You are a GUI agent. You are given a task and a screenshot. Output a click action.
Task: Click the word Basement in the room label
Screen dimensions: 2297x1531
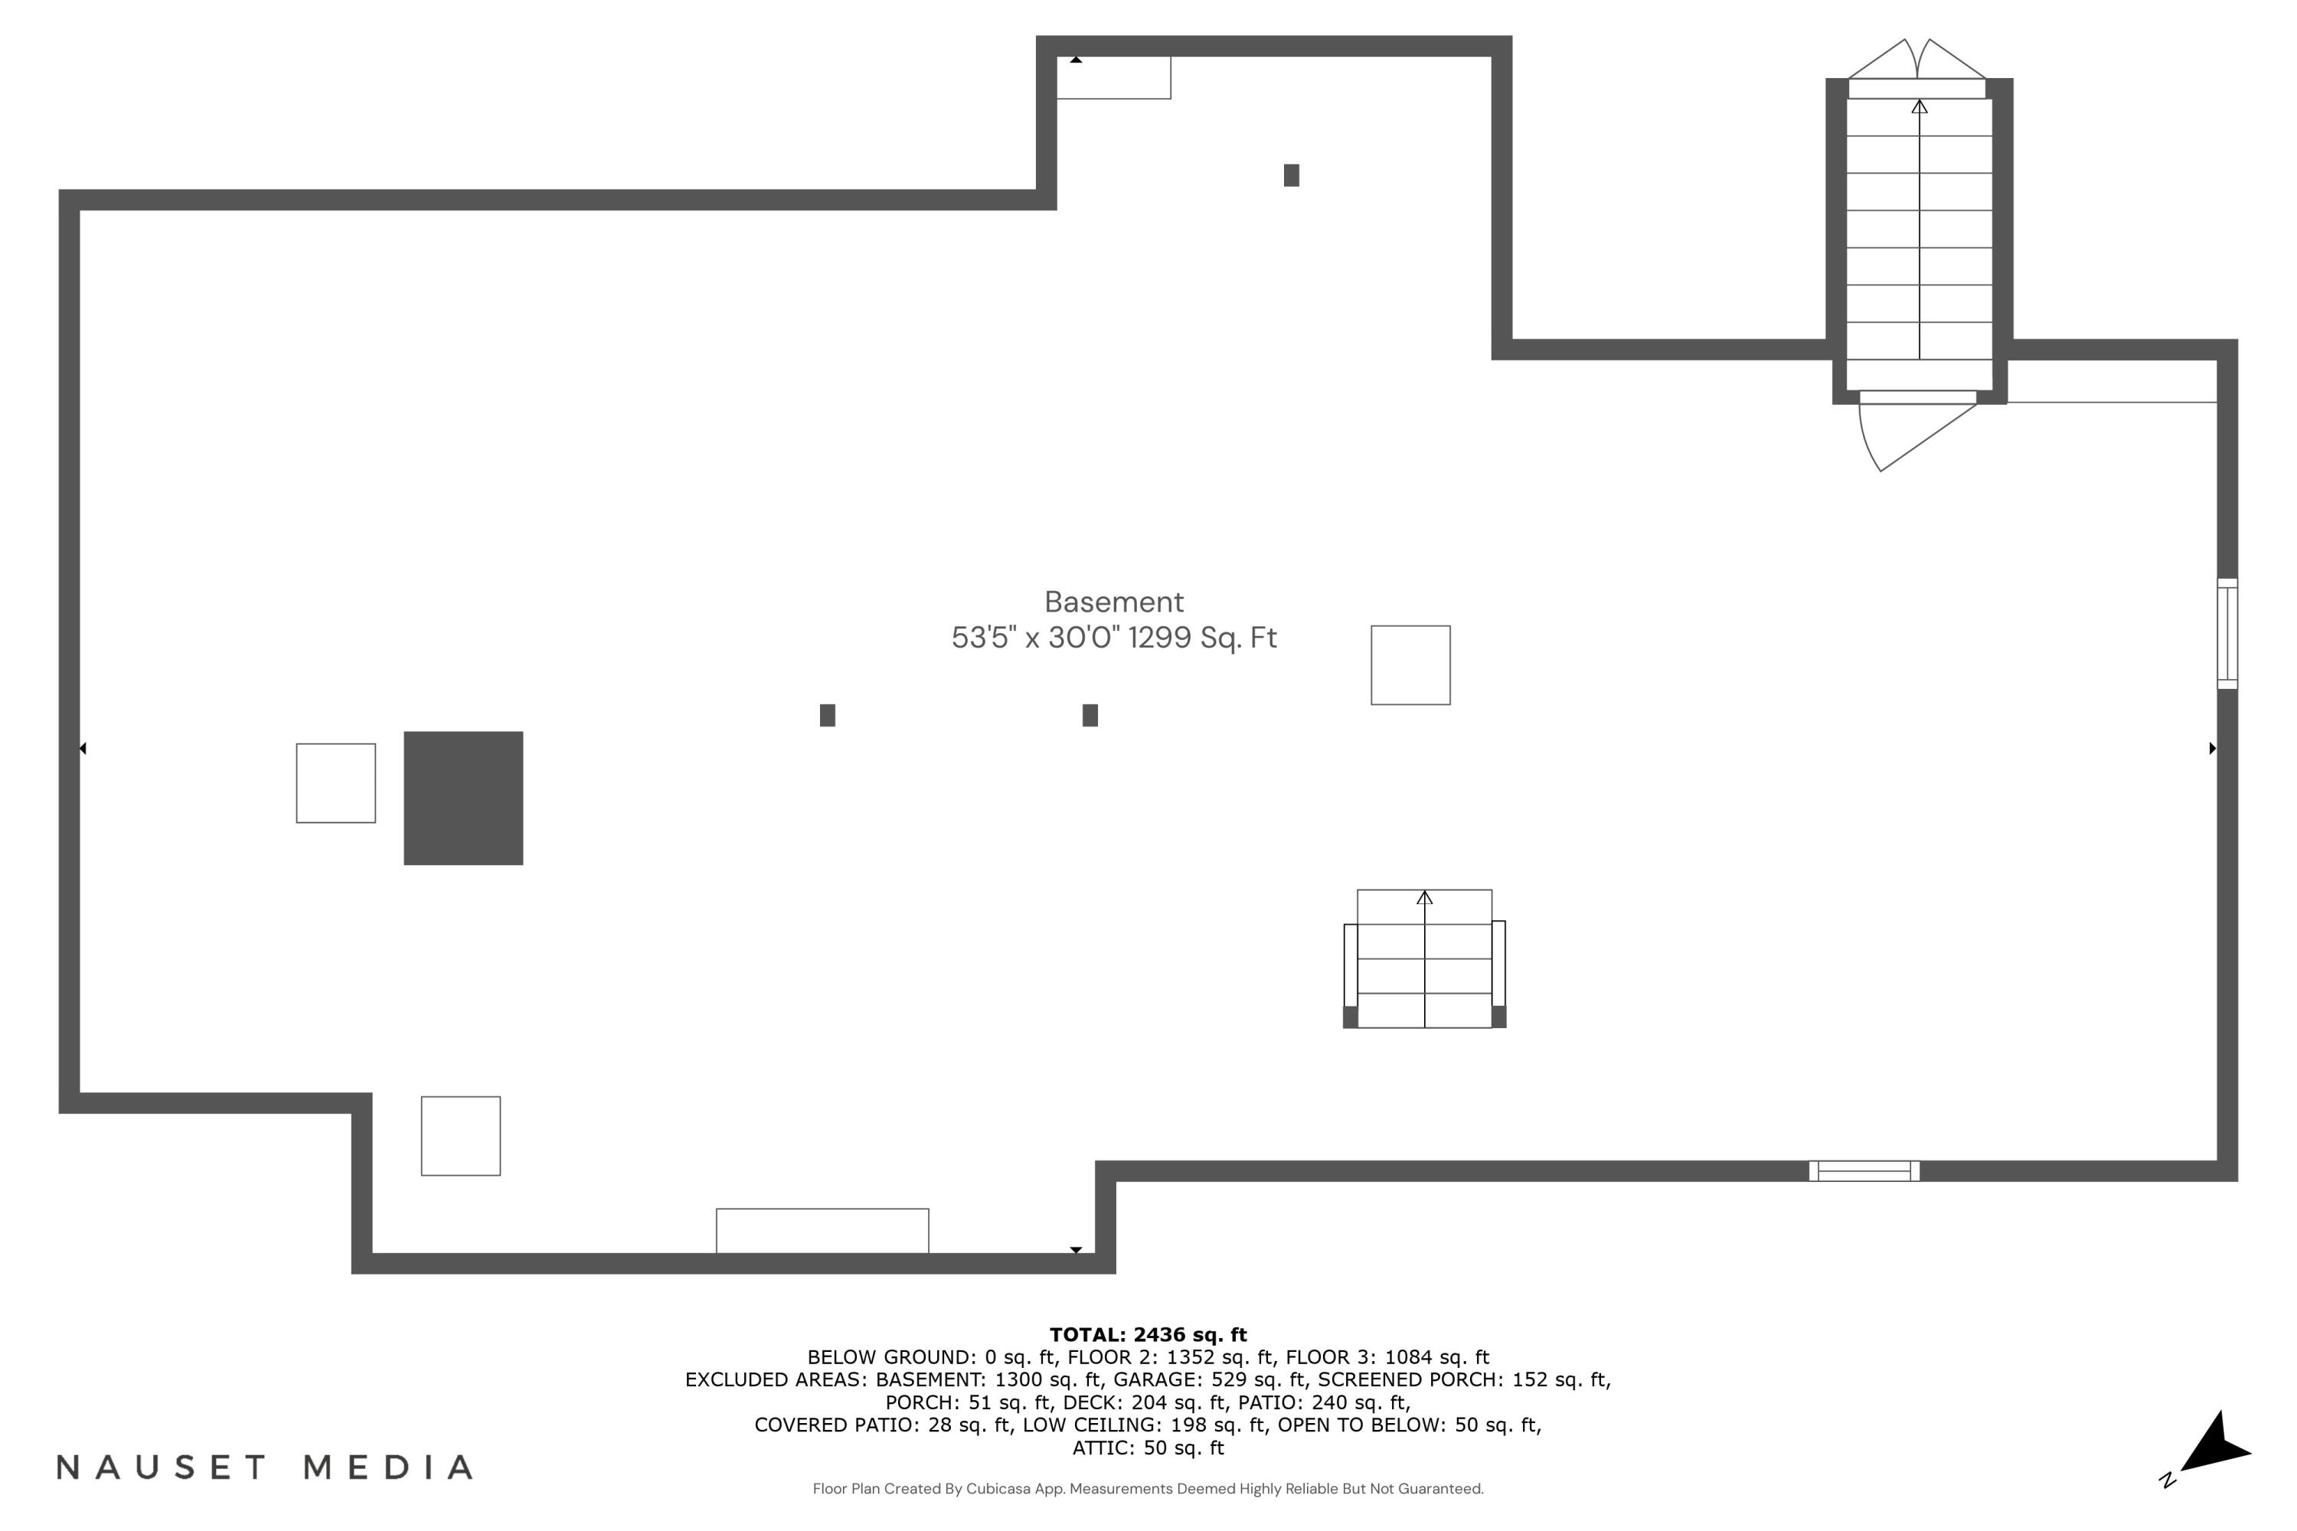pyautogui.click(x=1113, y=602)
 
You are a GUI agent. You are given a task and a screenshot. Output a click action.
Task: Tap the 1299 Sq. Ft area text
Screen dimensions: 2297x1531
pyautogui.click(x=1202, y=638)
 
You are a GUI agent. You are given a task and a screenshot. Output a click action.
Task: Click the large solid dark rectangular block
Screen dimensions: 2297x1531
pyautogui.click(x=464, y=798)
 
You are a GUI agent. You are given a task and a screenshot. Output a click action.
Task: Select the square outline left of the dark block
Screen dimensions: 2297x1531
pyautogui.click(x=336, y=783)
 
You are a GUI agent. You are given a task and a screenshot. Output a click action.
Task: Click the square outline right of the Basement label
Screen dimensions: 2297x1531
pyautogui.click(x=1410, y=665)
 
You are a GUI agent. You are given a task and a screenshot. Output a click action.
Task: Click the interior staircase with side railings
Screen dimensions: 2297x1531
pyautogui.click(x=1425, y=959)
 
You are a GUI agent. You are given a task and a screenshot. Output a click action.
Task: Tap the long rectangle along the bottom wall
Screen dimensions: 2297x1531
pyautogui.click(x=822, y=1230)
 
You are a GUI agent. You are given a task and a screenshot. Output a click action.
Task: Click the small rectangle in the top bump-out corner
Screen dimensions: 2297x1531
pyautogui.click(x=1113, y=77)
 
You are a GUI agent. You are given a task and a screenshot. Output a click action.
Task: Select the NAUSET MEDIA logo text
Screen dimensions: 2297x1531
pyautogui.click(x=266, y=1467)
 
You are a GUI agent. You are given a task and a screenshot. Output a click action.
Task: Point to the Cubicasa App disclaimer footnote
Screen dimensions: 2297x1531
pyautogui.click(x=1148, y=1488)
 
